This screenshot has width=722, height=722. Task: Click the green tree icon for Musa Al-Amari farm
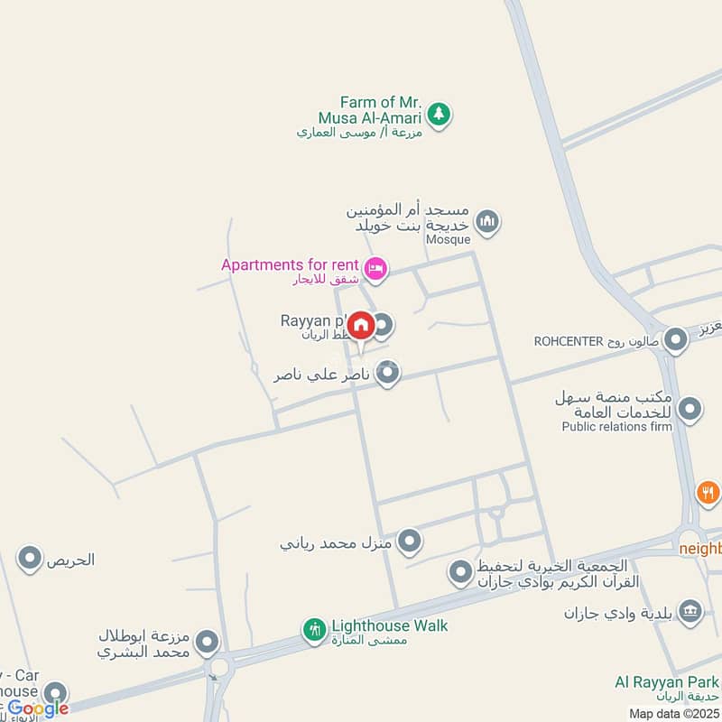(x=439, y=115)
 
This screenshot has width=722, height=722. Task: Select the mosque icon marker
(x=487, y=221)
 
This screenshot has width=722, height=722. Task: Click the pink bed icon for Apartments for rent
(x=375, y=268)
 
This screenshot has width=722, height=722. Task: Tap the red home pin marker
(x=361, y=327)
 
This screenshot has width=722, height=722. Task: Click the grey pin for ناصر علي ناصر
(x=388, y=372)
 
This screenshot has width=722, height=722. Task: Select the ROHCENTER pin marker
(x=675, y=340)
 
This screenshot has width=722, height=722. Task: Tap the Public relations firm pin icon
(x=690, y=411)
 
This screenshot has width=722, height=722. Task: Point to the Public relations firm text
(x=616, y=427)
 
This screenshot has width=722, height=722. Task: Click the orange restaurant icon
(x=708, y=493)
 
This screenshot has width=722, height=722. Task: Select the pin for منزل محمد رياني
(x=411, y=541)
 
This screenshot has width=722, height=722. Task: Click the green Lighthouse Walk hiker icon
(x=314, y=629)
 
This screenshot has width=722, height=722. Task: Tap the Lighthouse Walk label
(x=389, y=625)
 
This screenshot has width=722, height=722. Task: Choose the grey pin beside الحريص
(x=30, y=560)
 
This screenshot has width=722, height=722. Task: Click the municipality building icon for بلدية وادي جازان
(x=690, y=612)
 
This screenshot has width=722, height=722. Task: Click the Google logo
(x=38, y=708)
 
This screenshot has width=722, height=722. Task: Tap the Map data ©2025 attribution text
(x=674, y=714)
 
